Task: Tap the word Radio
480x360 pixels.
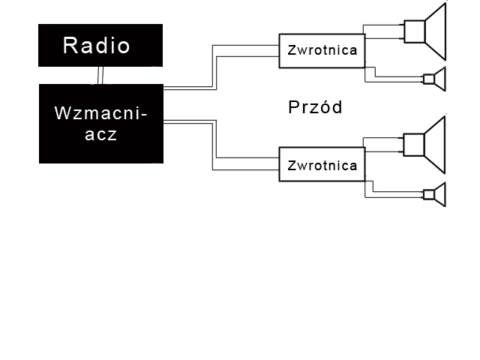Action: point(97,46)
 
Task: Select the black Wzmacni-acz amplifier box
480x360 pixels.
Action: point(100,146)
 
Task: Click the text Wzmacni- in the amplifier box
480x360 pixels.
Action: point(101,114)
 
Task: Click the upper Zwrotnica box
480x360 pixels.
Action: point(322,51)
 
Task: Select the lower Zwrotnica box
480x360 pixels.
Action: point(322,165)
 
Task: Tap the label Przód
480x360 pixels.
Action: point(315,107)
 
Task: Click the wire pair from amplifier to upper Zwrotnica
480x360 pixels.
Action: point(214,67)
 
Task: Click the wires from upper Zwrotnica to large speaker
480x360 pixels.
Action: point(384,31)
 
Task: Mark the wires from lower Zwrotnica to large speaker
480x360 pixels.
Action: point(384,144)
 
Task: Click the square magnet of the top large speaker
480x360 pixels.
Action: point(414,31)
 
